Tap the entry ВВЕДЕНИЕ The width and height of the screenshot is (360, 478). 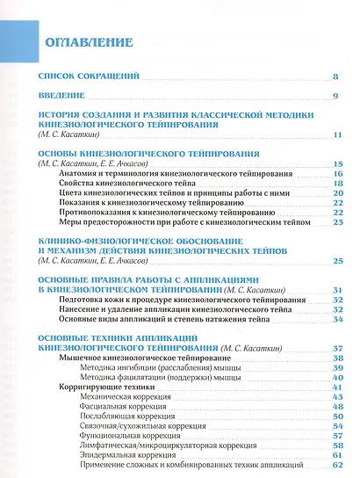point(61,95)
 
